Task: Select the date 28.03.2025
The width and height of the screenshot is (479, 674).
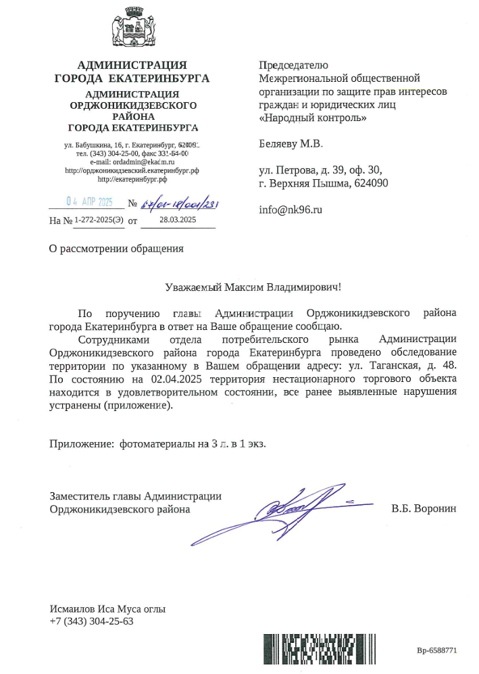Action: (x=178, y=220)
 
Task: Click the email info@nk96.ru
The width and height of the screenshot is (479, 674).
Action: (x=291, y=210)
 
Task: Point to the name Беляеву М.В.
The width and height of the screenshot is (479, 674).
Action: (x=291, y=144)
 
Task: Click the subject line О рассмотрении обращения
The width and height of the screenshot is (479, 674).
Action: (x=117, y=248)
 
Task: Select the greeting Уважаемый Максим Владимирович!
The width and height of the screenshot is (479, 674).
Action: (x=254, y=287)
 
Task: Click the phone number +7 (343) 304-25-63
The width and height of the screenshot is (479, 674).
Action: (x=92, y=621)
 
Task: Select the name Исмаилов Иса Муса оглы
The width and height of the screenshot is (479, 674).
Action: (x=107, y=608)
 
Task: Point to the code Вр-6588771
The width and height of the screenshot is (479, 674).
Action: (x=437, y=650)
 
